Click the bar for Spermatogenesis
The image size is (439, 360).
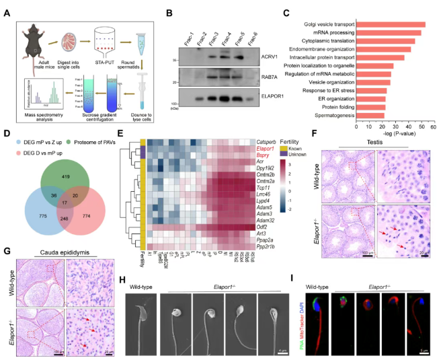(376, 114)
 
